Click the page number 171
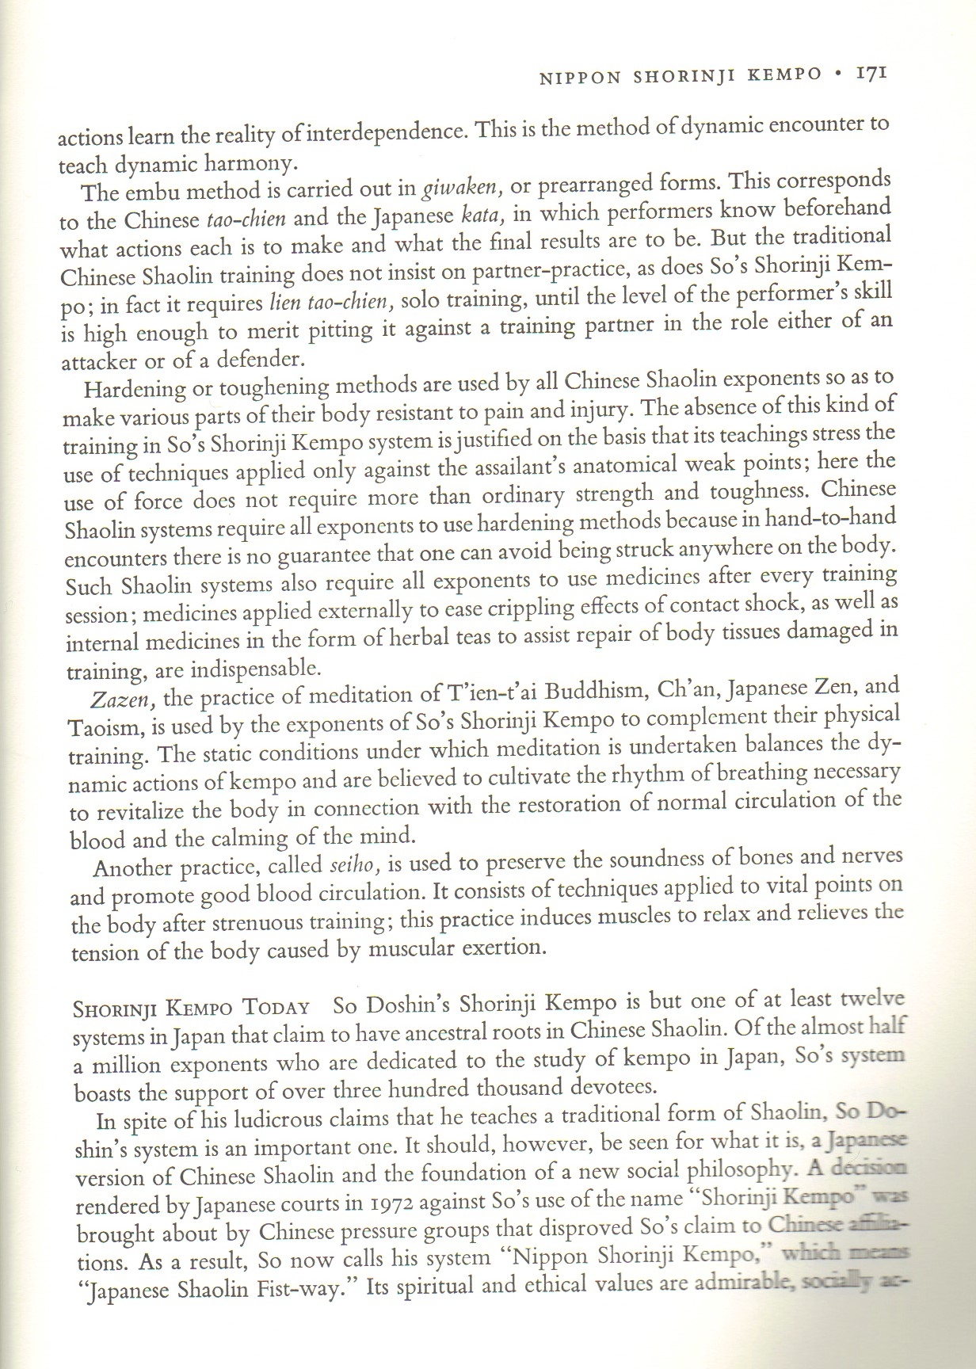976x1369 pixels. (869, 74)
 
